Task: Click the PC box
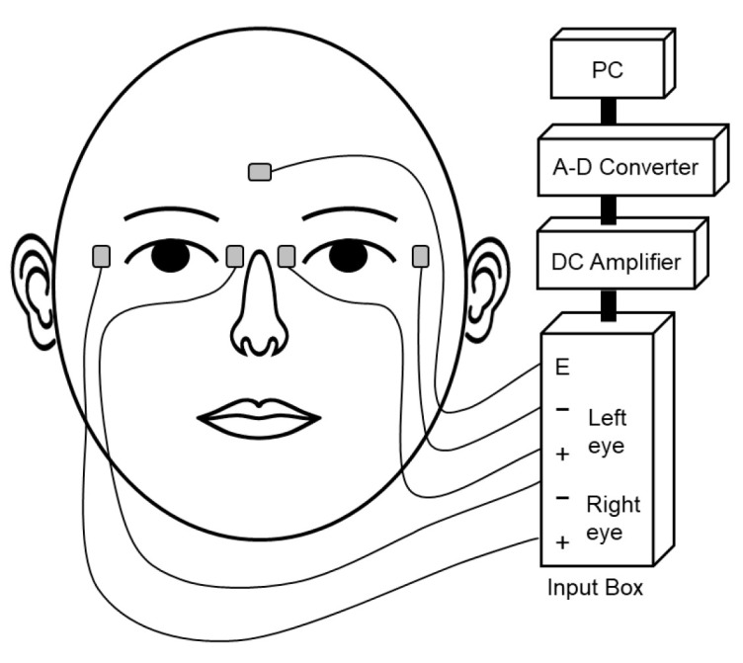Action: click(605, 72)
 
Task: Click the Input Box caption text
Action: click(596, 588)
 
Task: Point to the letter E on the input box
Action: click(562, 369)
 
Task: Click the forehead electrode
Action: click(260, 172)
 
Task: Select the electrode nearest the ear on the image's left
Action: click(101, 256)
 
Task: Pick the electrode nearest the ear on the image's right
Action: click(420, 256)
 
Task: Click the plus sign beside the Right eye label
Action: click(562, 540)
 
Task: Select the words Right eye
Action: click(613, 518)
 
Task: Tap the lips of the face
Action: click(259, 415)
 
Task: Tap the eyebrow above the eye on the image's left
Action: click(170, 213)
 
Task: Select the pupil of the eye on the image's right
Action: click(348, 255)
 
